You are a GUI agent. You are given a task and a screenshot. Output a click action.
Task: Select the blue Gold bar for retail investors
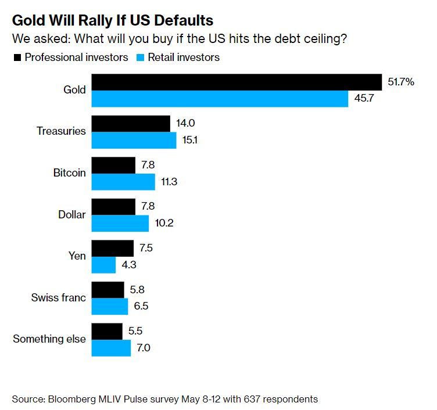(220, 99)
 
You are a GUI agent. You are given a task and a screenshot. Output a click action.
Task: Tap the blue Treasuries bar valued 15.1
(134, 140)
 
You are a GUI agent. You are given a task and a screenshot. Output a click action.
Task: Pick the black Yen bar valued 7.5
(112, 249)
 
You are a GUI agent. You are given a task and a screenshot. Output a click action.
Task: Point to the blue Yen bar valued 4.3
(104, 265)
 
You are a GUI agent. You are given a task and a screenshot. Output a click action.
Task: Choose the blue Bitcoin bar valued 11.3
(123, 182)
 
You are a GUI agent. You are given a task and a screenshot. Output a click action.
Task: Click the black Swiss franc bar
(108, 290)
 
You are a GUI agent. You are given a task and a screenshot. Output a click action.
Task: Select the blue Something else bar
(111, 348)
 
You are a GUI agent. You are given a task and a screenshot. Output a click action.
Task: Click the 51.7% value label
(401, 82)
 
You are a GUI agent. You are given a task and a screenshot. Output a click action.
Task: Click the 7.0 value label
(143, 348)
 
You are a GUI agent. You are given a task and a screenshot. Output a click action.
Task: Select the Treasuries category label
(61, 131)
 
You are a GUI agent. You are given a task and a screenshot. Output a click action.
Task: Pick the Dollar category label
(71, 215)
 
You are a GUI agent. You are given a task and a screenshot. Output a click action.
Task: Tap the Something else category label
(49, 339)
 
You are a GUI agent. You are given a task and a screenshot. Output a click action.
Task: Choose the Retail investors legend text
(184, 57)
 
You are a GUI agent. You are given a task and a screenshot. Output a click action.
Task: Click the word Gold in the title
(29, 21)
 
